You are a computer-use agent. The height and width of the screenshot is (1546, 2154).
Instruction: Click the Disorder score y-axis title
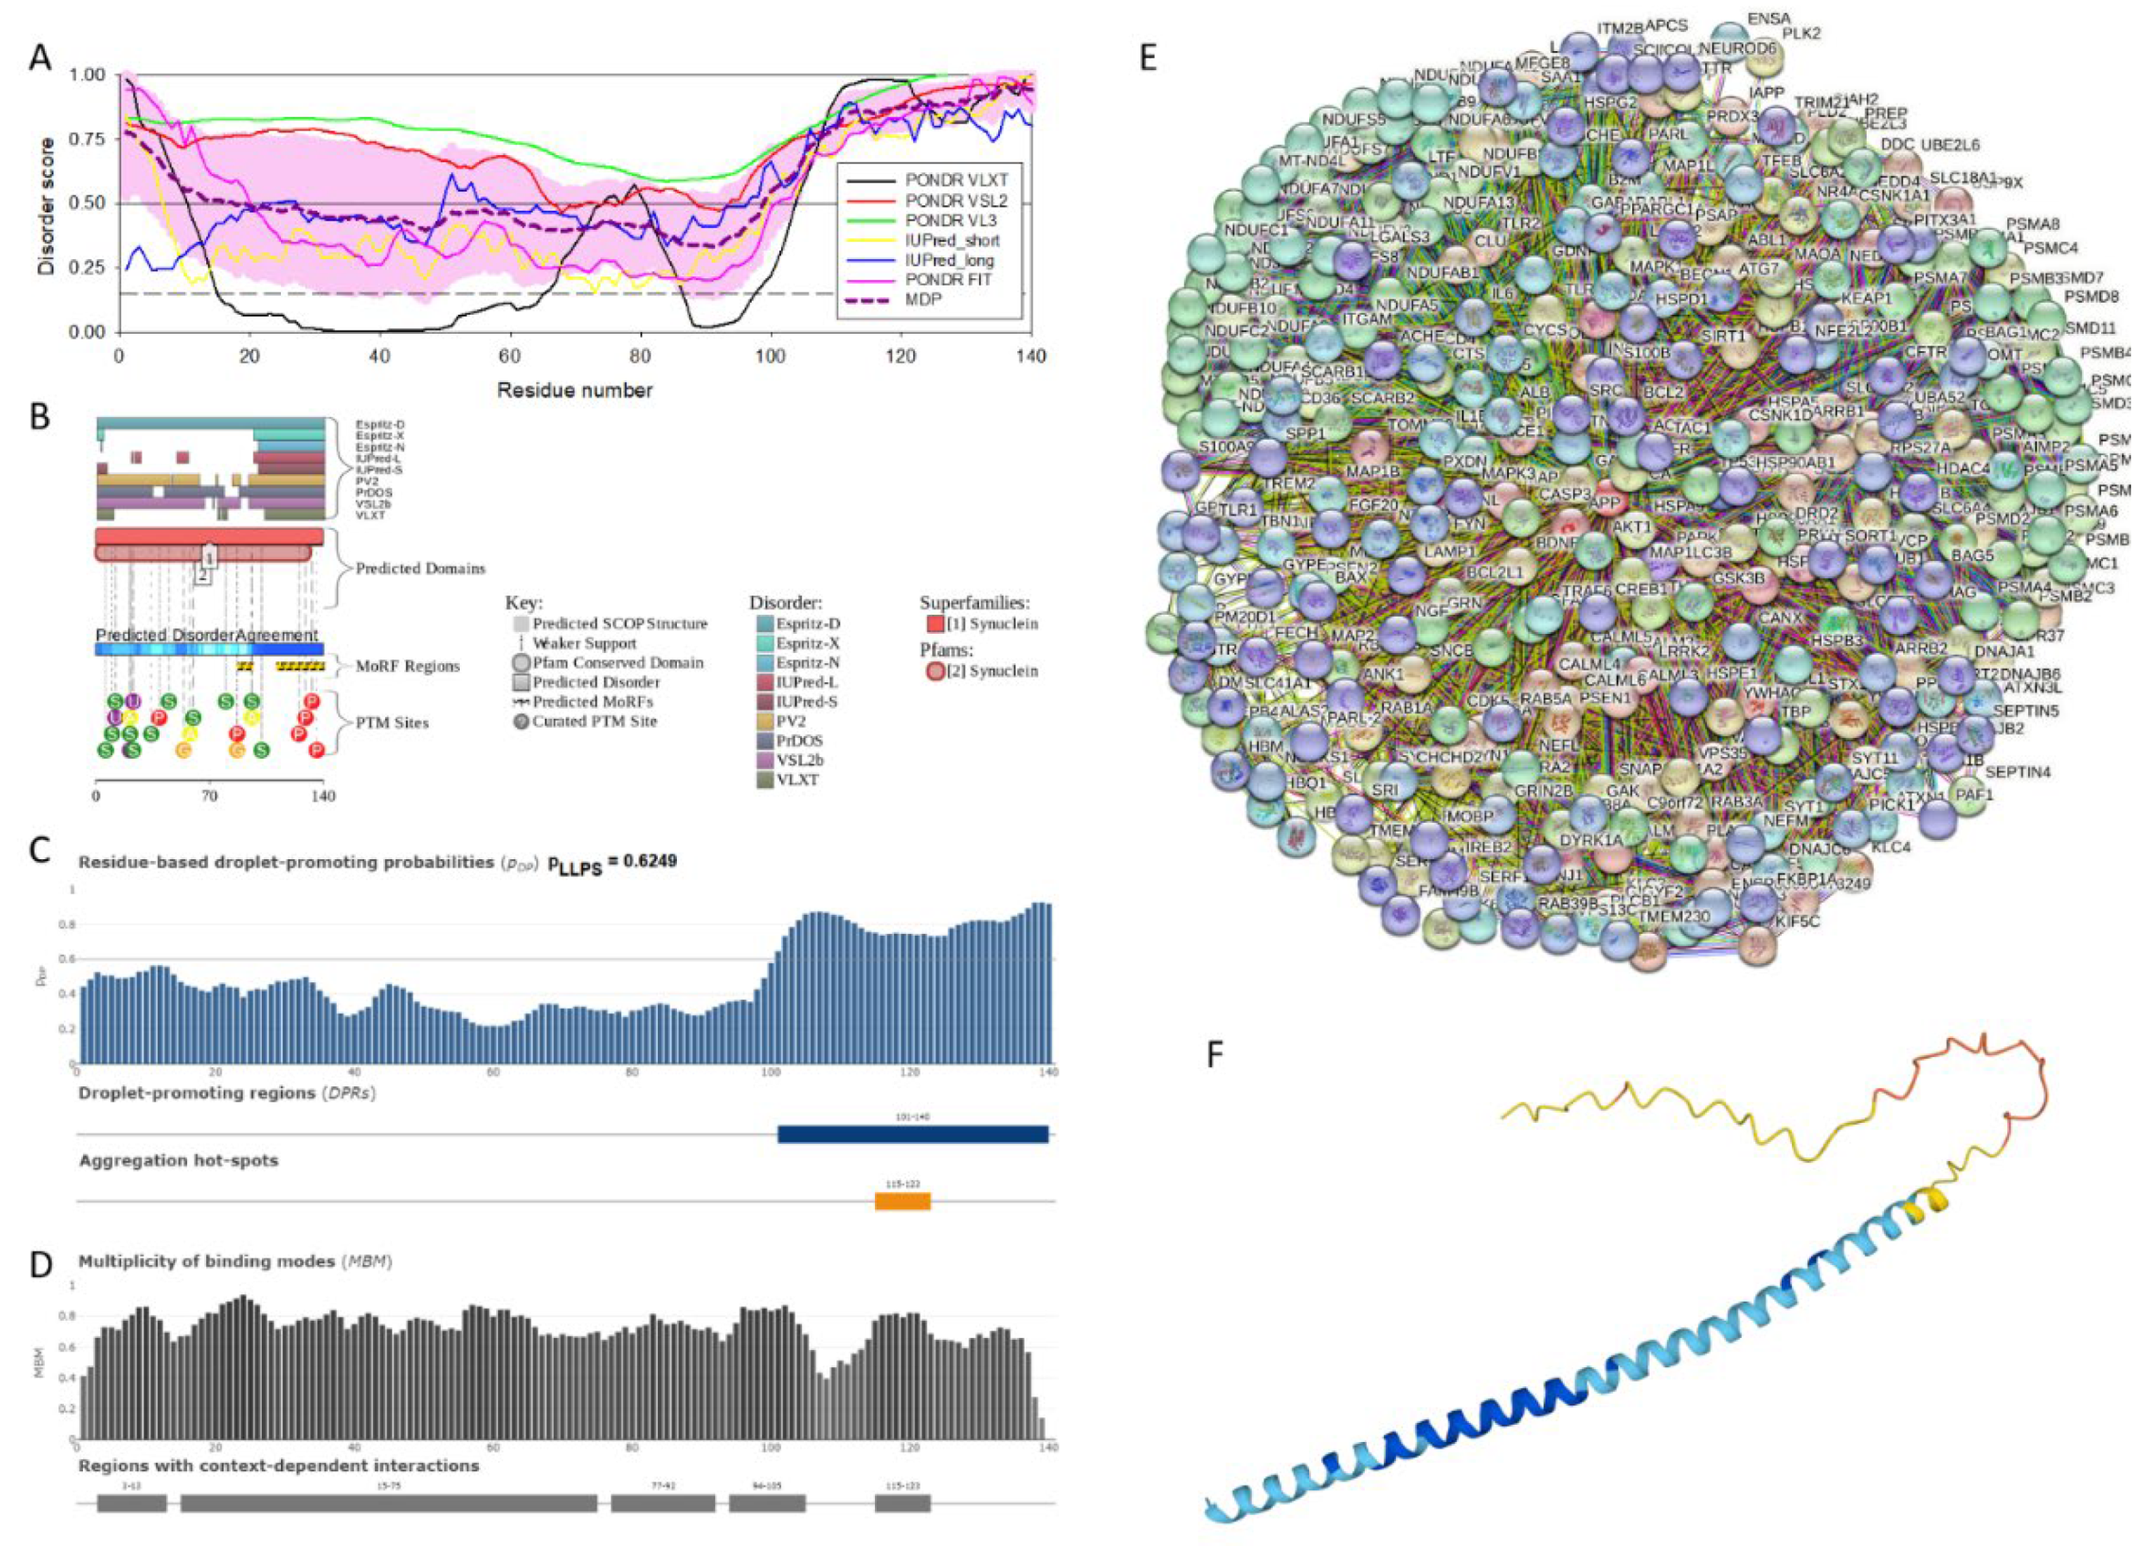[46, 206]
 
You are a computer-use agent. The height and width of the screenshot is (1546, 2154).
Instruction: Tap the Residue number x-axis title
[575, 390]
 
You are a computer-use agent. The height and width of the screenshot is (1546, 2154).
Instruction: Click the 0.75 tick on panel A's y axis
[89, 139]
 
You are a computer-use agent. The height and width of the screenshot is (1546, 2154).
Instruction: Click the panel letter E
[1149, 59]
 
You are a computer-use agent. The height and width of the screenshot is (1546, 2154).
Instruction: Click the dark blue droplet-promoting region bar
[911, 1133]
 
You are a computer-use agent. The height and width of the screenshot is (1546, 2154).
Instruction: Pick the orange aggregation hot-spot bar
[901, 1201]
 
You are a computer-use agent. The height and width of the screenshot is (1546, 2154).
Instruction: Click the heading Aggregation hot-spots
[179, 1160]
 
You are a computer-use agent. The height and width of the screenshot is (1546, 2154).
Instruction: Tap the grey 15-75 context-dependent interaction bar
[389, 1503]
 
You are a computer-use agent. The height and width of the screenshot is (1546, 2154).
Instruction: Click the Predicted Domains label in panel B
[420, 569]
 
